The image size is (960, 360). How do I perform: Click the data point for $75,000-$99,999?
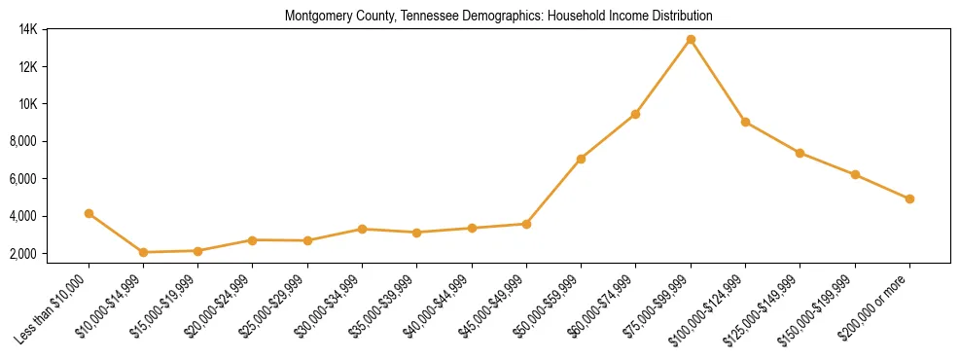point(691,39)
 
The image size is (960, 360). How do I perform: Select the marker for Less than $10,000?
point(89,213)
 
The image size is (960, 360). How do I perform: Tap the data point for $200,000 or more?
point(909,198)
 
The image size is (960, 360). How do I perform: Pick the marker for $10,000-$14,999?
point(143,252)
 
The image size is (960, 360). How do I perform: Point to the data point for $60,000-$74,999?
point(635,114)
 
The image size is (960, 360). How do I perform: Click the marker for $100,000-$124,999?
point(745,122)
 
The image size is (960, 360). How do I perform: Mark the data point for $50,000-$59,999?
point(581,159)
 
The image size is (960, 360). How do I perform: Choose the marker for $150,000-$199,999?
point(855,174)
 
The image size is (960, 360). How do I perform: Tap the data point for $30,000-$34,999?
point(362,229)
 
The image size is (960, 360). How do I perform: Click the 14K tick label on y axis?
point(27,29)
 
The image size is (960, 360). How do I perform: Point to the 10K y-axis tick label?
point(27,104)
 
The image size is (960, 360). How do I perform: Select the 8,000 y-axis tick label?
point(23,141)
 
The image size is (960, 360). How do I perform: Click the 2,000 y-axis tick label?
point(23,254)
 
